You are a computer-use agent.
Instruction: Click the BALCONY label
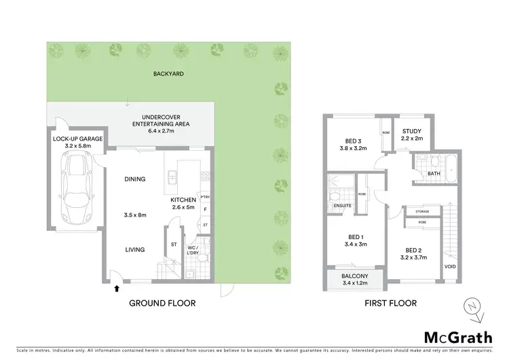(x=355, y=276)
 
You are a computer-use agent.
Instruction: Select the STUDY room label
(x=412, y=131)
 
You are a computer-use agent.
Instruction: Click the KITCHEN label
(x=183, y=200)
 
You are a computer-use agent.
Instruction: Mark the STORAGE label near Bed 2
(x=421, y=211)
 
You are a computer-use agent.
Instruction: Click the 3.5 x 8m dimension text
(x=134, y=215)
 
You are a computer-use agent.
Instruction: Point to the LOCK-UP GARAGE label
(x=77, y=138)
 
